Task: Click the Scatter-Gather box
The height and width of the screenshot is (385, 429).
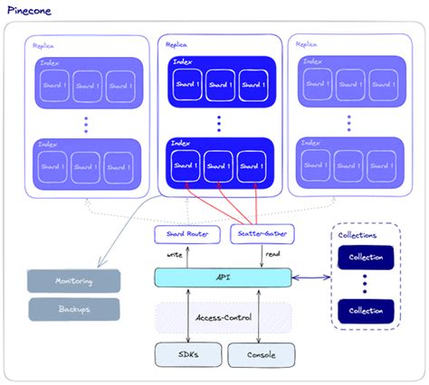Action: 259,234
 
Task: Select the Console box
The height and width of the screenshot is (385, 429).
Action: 261,354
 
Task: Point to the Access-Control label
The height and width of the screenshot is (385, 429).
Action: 223,317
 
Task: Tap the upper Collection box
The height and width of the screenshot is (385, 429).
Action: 367,258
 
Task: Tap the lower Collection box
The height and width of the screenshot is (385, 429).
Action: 367,311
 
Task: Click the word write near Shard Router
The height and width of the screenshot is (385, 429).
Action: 176,256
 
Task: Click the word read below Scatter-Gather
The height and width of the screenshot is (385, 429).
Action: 271,256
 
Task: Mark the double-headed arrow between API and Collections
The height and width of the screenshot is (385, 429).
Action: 312,277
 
